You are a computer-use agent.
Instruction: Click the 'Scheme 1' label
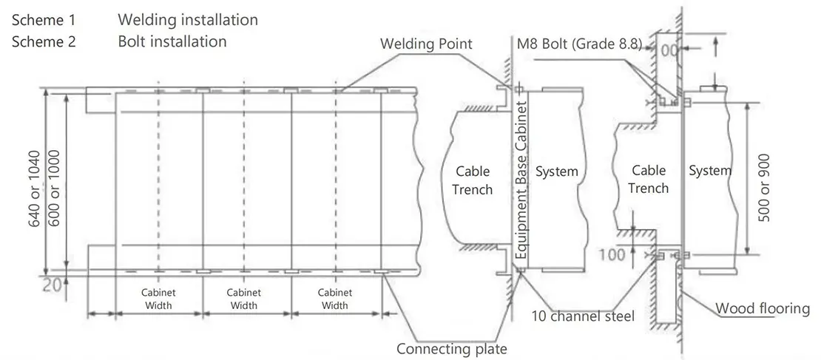(x=44, y=20)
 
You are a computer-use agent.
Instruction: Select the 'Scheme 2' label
(x=44, y=41)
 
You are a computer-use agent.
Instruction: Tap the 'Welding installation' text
(x=188, y=20)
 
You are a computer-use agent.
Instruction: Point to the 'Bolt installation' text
(x=172, y=41)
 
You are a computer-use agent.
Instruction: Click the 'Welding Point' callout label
(x=426, y=44)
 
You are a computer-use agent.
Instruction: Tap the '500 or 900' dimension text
(x=765, y=187)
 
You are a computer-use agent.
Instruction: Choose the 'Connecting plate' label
(x=452, y=349)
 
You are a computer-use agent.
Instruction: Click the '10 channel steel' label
(x=583, y=316)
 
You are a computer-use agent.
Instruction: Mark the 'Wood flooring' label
(x=762, y=308)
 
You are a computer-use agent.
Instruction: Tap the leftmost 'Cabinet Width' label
(x=158, y=299)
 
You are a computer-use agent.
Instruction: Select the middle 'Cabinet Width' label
(x=244, y=299)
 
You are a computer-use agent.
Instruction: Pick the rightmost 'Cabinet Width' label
(x=335, y=299)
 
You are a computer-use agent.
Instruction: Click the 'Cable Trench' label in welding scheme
(x=472, y=180)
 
